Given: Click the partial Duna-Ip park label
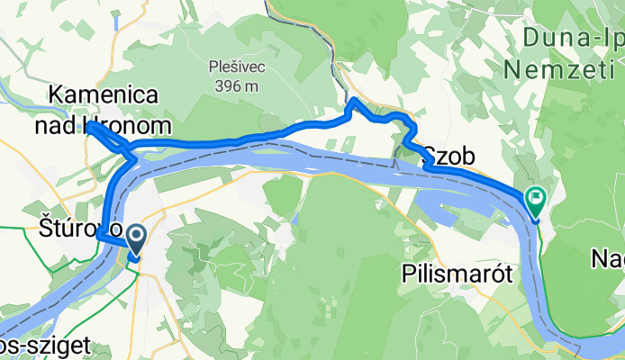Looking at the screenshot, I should click(x=575, y=39).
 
